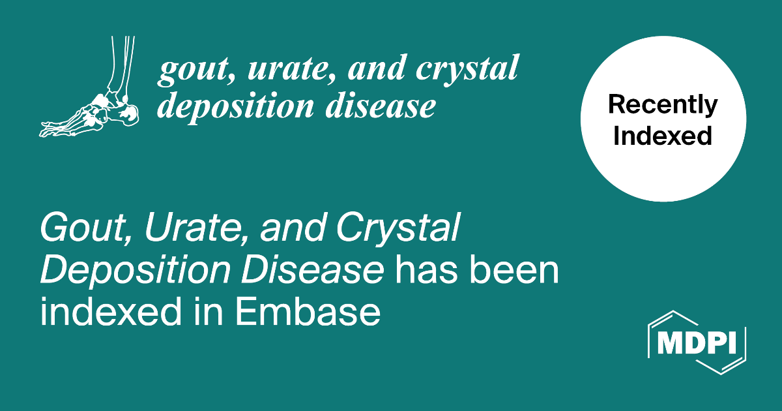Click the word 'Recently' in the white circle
(663, 105)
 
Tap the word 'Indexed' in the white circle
(663, 136)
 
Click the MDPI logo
(697, 342)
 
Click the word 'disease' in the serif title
(381, 105)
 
